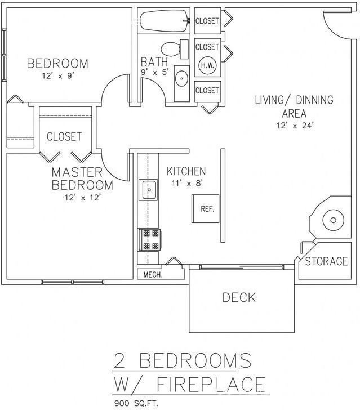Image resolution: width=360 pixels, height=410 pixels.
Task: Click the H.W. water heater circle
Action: point(207,65)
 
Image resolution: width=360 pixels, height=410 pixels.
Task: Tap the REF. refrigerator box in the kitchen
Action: point(207,209)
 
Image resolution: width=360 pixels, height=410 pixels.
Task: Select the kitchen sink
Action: point(149,190)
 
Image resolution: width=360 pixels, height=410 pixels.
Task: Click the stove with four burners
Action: point(149,239)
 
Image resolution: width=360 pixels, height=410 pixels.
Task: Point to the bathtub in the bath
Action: point(163,21)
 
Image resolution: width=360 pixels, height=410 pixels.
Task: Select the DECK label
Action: point(239,297)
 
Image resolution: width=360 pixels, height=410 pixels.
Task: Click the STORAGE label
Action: point(326,261)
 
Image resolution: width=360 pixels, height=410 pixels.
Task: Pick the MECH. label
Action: point(153,275)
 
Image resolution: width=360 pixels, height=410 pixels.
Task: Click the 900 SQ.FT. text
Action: point(137,403)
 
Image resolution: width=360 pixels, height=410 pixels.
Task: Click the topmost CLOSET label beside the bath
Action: point(207,21)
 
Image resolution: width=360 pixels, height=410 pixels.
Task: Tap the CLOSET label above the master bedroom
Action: point(64,136)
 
